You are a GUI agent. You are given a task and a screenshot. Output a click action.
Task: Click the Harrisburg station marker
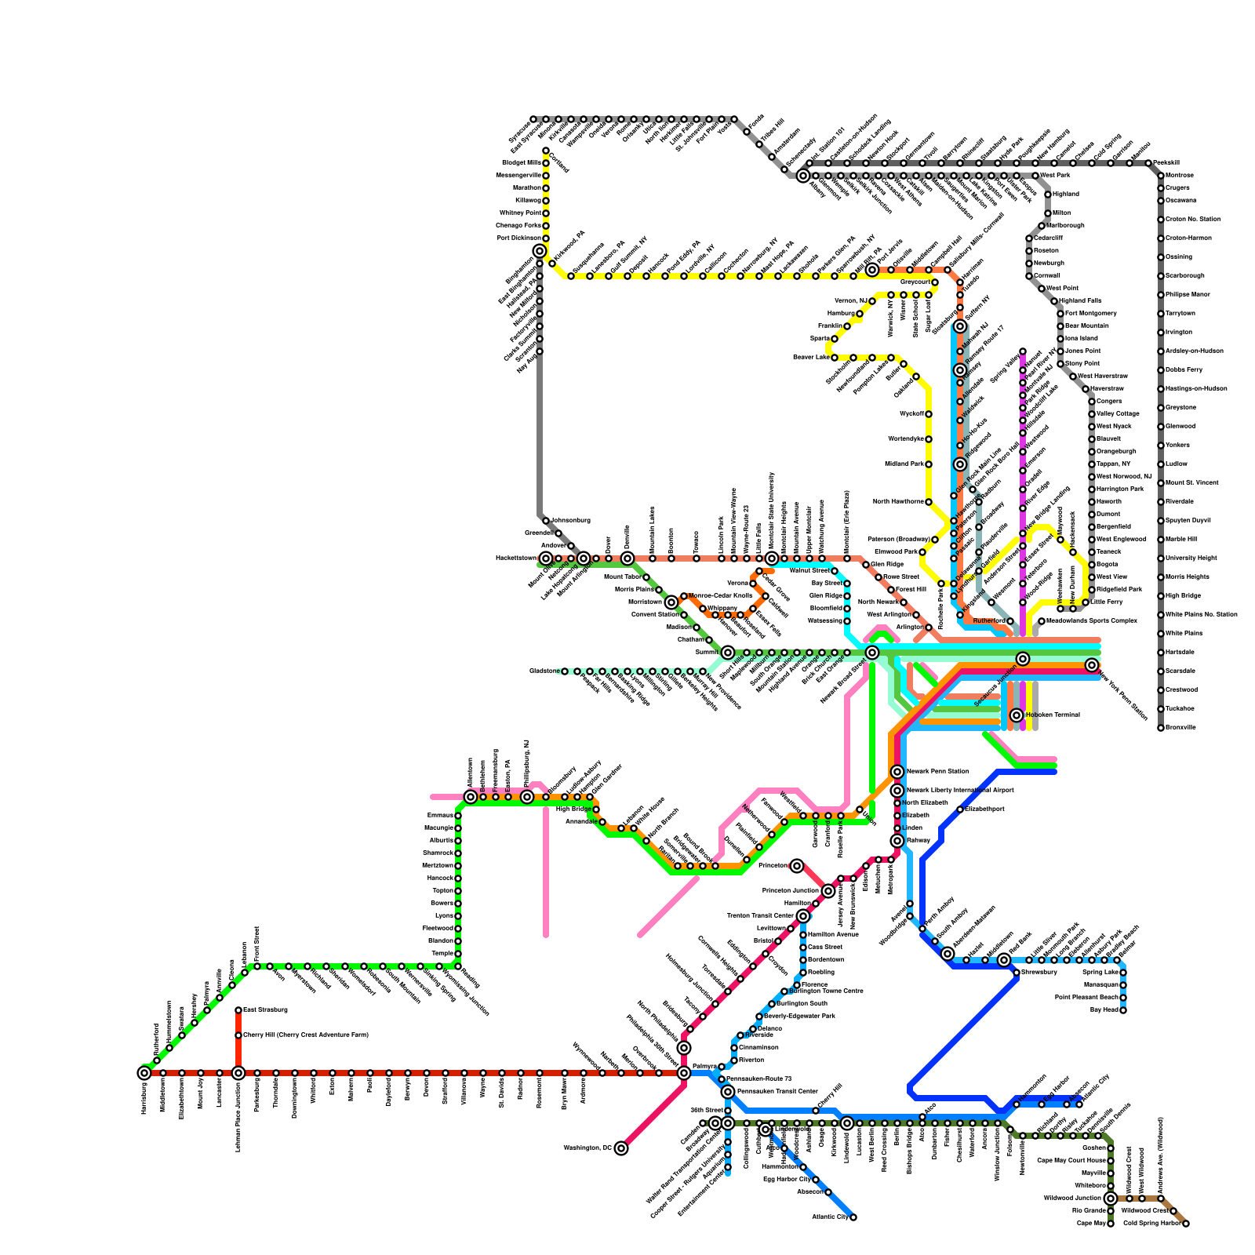point(144,1073)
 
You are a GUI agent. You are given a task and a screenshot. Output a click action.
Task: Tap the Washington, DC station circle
point(621,1148)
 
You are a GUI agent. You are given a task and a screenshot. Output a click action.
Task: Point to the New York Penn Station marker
point(1092,665)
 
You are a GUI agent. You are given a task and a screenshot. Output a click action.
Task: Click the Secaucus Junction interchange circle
point(1023,659)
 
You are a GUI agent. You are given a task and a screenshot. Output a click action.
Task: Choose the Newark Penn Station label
point(937,771)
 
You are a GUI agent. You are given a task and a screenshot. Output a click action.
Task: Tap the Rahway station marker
point(897,841)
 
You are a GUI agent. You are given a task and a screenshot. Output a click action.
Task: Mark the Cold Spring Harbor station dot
point(1186,1224)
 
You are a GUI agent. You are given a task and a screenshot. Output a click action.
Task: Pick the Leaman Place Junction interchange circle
point(238,1073)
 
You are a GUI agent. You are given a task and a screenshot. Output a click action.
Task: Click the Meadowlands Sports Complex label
point(1092,620)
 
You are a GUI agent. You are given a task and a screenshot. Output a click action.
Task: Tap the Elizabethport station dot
point(960,809)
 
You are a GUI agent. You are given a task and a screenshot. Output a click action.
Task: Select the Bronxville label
point(1180,727)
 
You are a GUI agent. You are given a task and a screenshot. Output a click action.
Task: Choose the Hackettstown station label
point(515,558)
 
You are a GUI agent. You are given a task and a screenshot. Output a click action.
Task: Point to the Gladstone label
point(543,671)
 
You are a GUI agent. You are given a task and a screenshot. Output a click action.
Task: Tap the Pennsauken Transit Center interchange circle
point(728,1092)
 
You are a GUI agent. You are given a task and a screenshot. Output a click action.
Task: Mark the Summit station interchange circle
point(728,653)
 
